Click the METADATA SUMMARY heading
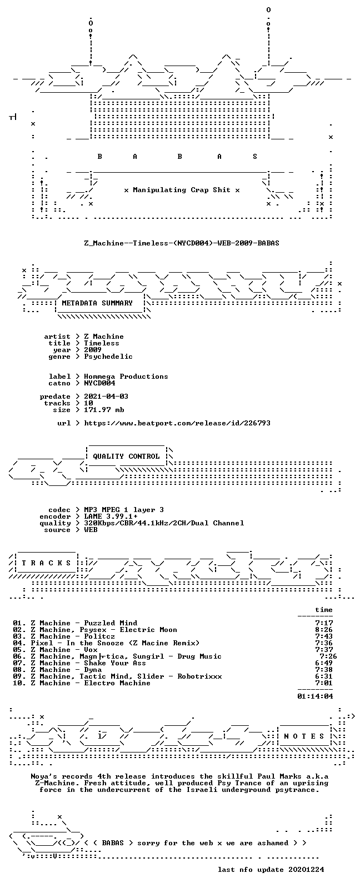(97, 303)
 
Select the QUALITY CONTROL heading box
(126, 456)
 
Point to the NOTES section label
(304, 736)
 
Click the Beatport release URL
(177, 423)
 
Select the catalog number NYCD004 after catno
(99, 383)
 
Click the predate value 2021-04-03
(106, 397)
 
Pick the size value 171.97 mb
(104, 410)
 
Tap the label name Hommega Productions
(126, 377)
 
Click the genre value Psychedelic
(108, 357)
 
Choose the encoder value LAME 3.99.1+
(111, 516)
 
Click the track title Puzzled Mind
(111, 623)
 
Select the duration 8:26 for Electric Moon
(324, 629)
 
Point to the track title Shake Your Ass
(115, 663)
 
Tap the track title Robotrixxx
(199, 676)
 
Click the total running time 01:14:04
(315, 696)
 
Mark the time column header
(324, 610)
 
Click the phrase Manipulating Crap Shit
(182, 190)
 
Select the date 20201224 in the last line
(306, 870)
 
